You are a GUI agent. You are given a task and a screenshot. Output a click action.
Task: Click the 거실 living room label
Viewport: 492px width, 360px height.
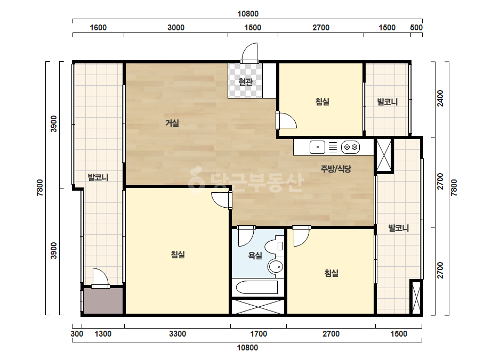point(172,123)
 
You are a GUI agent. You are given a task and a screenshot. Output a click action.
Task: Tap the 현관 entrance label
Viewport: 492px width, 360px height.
point(245,82)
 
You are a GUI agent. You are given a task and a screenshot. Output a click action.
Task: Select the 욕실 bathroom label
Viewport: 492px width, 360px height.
point(255,256)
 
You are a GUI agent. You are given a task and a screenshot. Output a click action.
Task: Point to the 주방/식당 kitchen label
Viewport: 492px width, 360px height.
point(336,169)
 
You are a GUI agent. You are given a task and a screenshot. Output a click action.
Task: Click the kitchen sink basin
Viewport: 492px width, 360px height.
point(317,147)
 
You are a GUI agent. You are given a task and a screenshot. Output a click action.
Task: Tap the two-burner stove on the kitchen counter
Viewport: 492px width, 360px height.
point(351,147)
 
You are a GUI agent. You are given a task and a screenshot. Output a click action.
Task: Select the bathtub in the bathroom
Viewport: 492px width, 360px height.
point(257,287)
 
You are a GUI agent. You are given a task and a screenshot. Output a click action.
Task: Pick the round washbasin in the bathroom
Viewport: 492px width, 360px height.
point(276,267)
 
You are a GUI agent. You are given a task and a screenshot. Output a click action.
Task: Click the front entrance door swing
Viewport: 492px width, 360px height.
point(250,52)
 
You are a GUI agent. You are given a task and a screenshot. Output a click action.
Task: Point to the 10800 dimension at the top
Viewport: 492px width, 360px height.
point(248,14)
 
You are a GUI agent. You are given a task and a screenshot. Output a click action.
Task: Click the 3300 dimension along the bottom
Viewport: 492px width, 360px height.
point(178,334)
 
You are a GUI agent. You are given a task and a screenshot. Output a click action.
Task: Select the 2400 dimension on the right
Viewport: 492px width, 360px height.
point(440,98)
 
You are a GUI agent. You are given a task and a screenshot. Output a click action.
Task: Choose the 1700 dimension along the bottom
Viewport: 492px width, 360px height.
point(259,334)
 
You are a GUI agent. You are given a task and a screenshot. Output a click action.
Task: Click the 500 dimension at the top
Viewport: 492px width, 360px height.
point(416,28)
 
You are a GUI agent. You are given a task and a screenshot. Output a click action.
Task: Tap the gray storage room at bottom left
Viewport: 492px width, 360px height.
point(103,301)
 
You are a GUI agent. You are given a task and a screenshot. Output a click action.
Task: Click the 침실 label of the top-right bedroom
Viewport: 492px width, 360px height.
point(322,102)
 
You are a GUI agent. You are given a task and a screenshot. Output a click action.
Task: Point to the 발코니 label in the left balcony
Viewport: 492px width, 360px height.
point(98,177)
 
